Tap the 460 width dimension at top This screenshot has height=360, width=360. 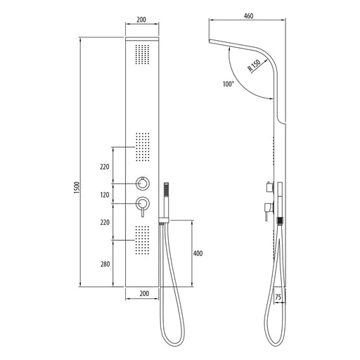[x=248, y=16]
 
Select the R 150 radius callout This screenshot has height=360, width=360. [x=255, y=65]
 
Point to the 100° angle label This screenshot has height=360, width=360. [x=229, y=84]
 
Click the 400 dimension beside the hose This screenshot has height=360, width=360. [x=198, y=253]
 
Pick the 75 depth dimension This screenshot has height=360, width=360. [x=278, y=297]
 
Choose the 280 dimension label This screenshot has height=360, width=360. [x=105, y=264]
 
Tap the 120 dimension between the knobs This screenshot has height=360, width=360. [x=105, y=195]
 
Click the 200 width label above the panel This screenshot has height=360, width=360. [x=141, y=20]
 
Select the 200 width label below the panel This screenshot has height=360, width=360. [x=144, y=293]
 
